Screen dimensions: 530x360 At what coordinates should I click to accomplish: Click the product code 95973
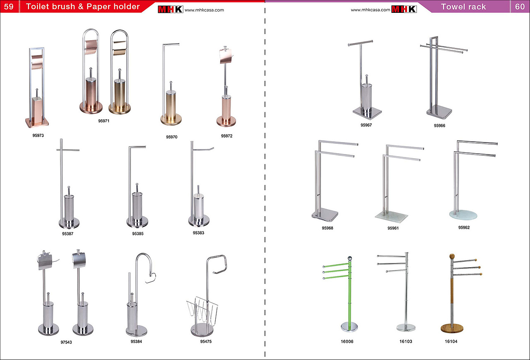[x=38, y=135]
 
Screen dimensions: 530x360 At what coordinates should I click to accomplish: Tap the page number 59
[x=9, y=6]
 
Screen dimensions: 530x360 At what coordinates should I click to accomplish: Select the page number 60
[x=520, y=7]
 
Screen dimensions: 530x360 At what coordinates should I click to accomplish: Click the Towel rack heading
[x=463, y=7]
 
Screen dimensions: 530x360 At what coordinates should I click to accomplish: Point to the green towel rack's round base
[x=349, y=326]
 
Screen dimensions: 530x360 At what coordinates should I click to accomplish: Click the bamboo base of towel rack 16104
[x=452, y=328]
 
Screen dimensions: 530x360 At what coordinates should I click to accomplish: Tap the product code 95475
[x=206, y=341]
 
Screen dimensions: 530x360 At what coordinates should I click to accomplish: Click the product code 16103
[x=406, y=341]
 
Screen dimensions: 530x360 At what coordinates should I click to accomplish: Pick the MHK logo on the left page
[x=170, y=9]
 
